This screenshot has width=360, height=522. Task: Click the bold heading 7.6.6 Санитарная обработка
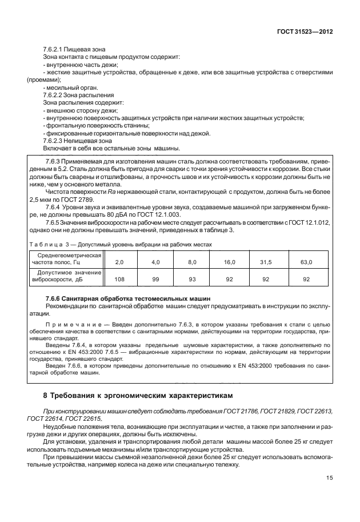128,298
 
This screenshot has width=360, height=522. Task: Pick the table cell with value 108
119,280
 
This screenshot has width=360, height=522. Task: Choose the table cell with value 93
192,280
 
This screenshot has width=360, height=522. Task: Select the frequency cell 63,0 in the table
306,262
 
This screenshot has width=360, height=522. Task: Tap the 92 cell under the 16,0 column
229,280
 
